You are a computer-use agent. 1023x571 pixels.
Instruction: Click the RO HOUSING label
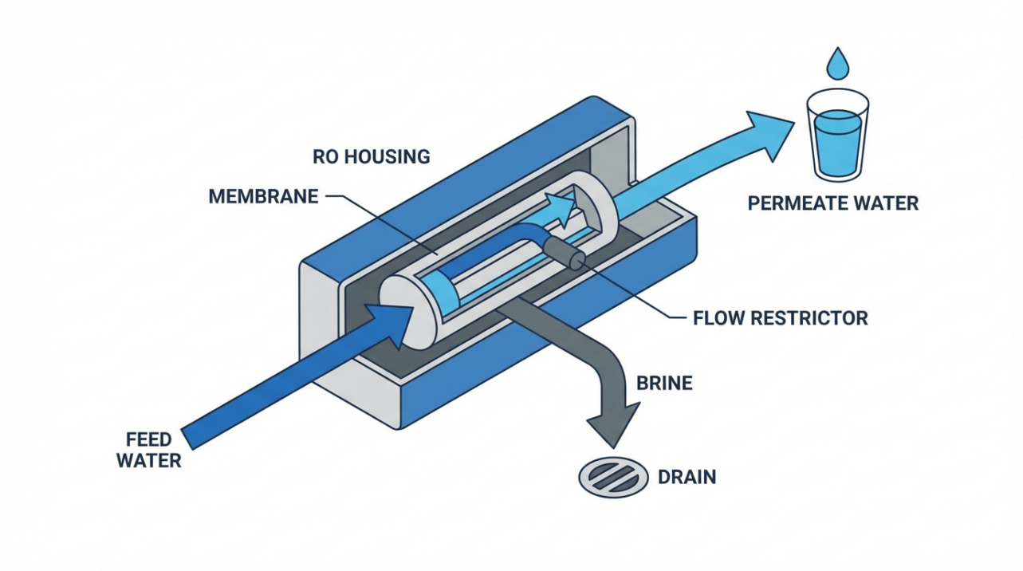point(371,156)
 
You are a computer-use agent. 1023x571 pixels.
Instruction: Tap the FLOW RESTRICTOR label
point(780,318)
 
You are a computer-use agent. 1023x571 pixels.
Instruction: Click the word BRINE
point(664,383)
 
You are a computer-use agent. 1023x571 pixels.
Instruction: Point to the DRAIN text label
point(687,478)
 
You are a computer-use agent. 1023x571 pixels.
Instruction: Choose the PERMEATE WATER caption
point(832,203)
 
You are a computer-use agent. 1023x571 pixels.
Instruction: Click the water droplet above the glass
point(836,64)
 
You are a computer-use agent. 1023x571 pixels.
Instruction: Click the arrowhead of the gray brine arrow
point(615,423)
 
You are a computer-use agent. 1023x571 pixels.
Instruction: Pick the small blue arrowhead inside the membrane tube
point(565,209)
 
